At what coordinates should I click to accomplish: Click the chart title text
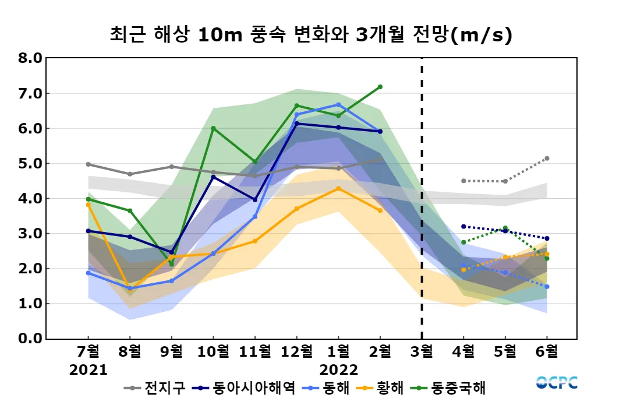tap(311, 35)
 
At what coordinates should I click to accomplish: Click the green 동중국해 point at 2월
tap(380, 87)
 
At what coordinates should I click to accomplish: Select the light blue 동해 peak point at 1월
tap(338, 105)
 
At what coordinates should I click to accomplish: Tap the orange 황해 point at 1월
tap(338, 188)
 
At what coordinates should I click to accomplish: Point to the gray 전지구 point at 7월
tap(88, 164)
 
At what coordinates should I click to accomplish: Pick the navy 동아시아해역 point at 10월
tap(213, 177)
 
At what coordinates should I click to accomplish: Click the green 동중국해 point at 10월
tap(213, 128)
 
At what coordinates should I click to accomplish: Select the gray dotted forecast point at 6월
tap(547, 159)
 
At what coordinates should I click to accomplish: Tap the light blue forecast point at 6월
tap(547, 287)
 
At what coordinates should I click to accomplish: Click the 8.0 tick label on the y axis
tap(30, 58)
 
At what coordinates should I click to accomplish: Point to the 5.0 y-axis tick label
tap(30, 164)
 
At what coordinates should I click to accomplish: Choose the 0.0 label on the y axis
tap(30, 339)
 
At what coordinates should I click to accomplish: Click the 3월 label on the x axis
tap(422, 351)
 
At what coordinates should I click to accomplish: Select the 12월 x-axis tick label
tap(296, 351)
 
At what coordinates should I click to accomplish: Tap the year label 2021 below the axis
tap(88, 370)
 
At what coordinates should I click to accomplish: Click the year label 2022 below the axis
tap(338, 370)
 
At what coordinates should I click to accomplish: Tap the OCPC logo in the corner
tap(557, 383)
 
